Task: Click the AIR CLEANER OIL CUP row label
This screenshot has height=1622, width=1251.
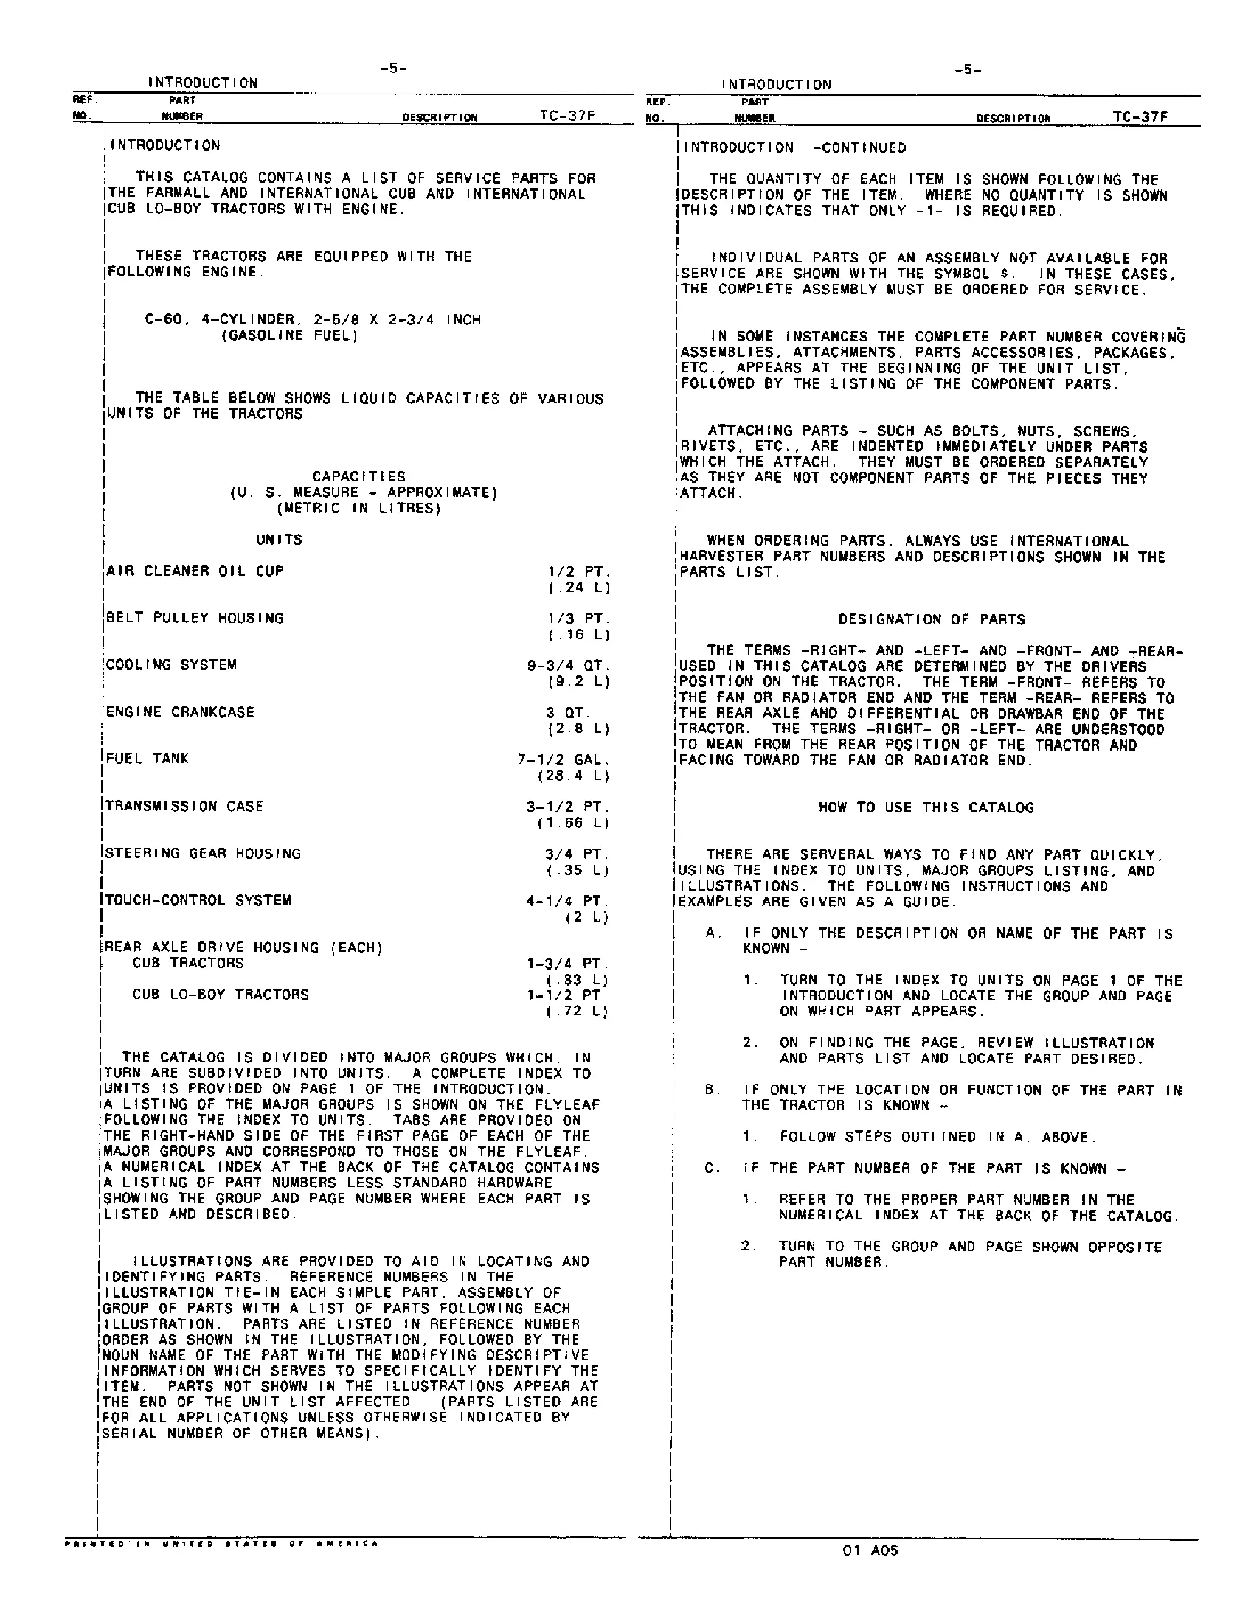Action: coord(195,571)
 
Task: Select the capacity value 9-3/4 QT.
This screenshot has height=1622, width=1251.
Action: coord(567,666)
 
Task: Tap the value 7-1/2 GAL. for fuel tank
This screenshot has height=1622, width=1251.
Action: coord(563,759)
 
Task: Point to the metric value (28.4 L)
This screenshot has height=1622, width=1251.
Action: coord(572,776)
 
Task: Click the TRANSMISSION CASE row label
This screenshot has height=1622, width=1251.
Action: coord(184,807)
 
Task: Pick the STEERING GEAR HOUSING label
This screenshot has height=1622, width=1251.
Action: coord(203,854)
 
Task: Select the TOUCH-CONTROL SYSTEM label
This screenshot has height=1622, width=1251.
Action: coord(198,901)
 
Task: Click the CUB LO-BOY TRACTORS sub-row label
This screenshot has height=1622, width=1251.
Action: coord(220,995)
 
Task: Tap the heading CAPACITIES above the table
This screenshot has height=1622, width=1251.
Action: coord(358,476)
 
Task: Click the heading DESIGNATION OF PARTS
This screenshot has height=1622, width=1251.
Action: coord(932,619)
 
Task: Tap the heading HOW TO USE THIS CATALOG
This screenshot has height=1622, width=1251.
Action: coord(926,807)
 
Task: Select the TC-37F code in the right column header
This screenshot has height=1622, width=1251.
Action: coord(1140,116)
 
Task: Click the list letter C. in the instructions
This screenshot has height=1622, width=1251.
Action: coord(713,1169)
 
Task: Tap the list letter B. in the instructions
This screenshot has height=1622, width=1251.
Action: coord(713,1090)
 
